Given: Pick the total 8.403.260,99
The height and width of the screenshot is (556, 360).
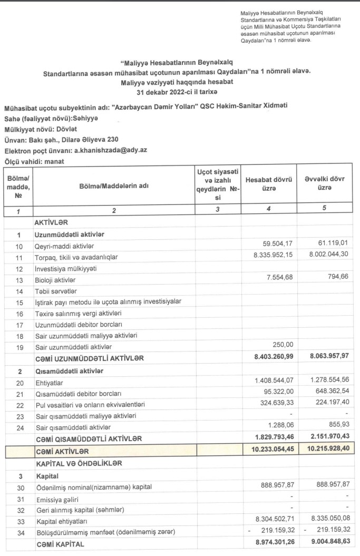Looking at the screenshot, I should [270, 358].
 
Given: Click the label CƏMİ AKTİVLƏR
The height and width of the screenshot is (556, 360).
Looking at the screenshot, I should [62, 451].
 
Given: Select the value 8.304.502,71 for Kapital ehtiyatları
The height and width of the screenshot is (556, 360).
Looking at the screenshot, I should [270, 521].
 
